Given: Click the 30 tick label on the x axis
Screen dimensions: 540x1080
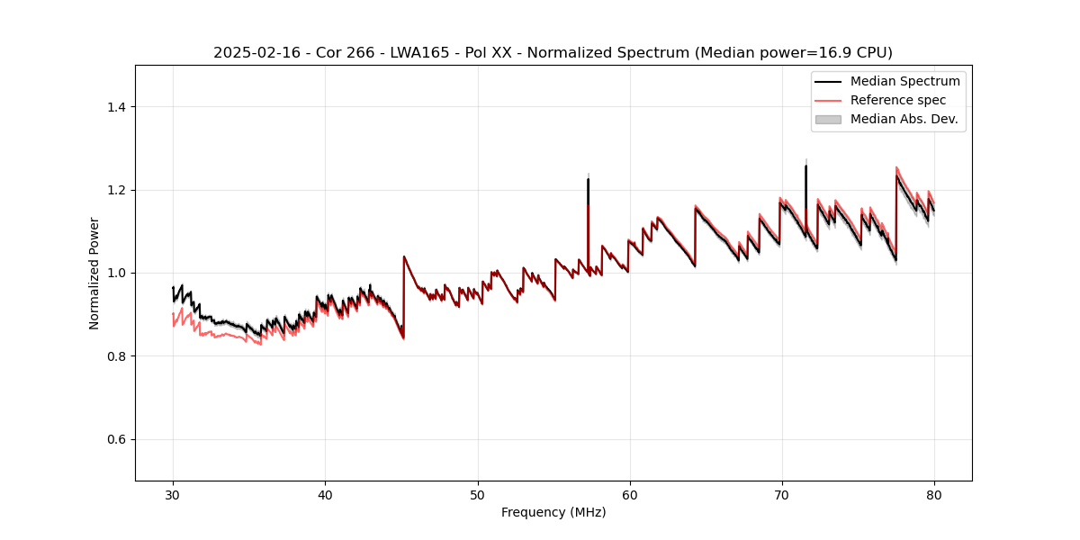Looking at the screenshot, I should point(173,494).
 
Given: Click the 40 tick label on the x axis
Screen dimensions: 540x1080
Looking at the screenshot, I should point(325,494).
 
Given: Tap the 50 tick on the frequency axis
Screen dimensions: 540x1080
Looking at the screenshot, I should point(478,494).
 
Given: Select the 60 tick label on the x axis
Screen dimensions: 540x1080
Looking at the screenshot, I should point(630,494).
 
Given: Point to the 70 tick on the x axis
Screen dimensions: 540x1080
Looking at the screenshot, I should point(782,494).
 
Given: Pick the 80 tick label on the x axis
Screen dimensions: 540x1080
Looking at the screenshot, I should point(934,494).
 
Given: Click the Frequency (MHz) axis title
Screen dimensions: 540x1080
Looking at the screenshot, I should point(553,512).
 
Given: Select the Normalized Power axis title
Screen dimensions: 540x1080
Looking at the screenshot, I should point(94,273).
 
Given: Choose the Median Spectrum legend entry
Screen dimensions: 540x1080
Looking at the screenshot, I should point(904,81).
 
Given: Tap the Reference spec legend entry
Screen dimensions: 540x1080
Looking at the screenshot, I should point(897,100).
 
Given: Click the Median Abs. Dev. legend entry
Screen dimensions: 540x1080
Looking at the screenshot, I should point(904,119).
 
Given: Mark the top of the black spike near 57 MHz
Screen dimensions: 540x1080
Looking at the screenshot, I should point(588,179).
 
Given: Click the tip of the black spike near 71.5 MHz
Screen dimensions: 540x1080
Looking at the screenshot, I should point(805,166).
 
